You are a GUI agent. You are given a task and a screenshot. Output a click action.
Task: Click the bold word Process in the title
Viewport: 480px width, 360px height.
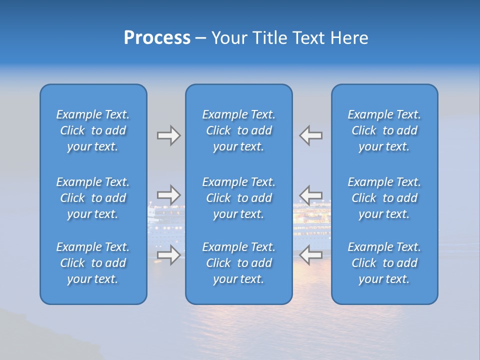(x=157, y=38)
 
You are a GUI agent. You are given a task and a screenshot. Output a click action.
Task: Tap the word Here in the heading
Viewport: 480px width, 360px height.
(x=349, y=38)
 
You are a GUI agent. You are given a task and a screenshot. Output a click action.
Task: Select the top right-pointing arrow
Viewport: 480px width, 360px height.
(x=168, y=135)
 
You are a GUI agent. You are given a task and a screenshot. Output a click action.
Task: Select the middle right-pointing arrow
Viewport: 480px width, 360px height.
(x=168, y=195)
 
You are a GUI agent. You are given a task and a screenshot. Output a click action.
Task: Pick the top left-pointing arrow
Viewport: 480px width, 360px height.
(x=310, y=135)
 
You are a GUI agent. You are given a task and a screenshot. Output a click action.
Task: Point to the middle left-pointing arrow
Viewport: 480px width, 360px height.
(x=310, y=195)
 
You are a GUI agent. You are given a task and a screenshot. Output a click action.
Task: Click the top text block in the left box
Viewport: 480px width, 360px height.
(x=93, y=130)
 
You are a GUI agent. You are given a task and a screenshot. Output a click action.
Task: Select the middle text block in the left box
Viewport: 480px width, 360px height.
(x=93, y=198)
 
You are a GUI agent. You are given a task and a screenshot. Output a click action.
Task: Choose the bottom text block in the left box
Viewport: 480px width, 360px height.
(x=93, y=263)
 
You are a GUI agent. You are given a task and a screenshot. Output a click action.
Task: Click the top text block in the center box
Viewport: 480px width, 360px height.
(x=238, y=130)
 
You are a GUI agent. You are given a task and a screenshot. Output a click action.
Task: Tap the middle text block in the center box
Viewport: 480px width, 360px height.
(x=238, y=198)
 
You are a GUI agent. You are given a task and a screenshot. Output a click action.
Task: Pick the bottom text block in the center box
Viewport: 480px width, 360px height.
(x=238, y=263)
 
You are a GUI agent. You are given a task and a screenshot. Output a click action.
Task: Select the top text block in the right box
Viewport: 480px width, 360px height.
(x=384, y=130)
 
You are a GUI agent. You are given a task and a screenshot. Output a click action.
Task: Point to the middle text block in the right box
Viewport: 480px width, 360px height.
(x=384, y=198)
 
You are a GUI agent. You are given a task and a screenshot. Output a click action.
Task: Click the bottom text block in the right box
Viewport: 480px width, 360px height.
(x=384, y=263)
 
